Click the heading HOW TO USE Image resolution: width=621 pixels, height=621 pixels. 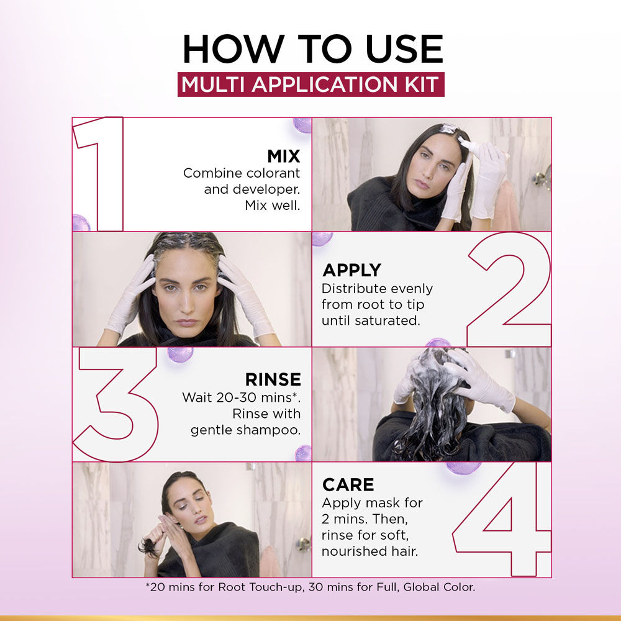coord(312,49)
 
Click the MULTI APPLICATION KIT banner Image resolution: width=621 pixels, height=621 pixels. coord(310,84)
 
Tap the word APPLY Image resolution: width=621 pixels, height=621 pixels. coord(351,270)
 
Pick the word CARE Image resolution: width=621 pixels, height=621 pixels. coord(348,484)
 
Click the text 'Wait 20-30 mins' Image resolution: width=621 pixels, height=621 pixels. coord(238,397)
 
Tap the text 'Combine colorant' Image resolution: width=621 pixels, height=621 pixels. coord(241,173)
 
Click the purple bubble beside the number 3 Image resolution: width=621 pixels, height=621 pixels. coord(180,355)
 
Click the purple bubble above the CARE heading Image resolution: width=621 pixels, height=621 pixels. coord(463,467)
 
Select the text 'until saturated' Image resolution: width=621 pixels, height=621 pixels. coord(371,322)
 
